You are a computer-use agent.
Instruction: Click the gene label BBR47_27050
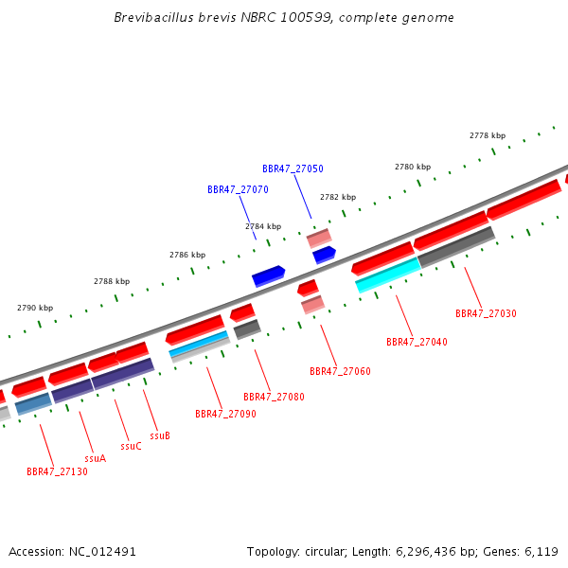point(293,169)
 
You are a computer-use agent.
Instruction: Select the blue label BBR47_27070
point(238,189)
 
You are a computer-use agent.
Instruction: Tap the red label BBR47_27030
point(486,313)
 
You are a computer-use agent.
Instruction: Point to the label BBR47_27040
point(417,342)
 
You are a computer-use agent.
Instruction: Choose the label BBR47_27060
point(340,371)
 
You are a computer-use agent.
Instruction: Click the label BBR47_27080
point(274,397)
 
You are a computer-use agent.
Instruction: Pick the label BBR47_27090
point(225,414)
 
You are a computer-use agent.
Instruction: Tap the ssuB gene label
point(160,435)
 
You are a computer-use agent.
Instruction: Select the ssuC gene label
point(132,446)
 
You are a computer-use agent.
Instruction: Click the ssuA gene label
point(96,458)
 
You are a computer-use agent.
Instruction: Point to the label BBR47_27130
point(57,471)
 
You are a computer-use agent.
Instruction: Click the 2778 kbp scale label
point(488,135)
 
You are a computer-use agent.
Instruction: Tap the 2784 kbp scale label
point(263,226)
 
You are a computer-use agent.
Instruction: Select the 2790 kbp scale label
point(35,308)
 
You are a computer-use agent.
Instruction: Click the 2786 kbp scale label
point(187,255)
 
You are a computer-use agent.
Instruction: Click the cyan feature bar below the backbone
point(388,275)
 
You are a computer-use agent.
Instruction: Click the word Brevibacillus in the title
point(154,17)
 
